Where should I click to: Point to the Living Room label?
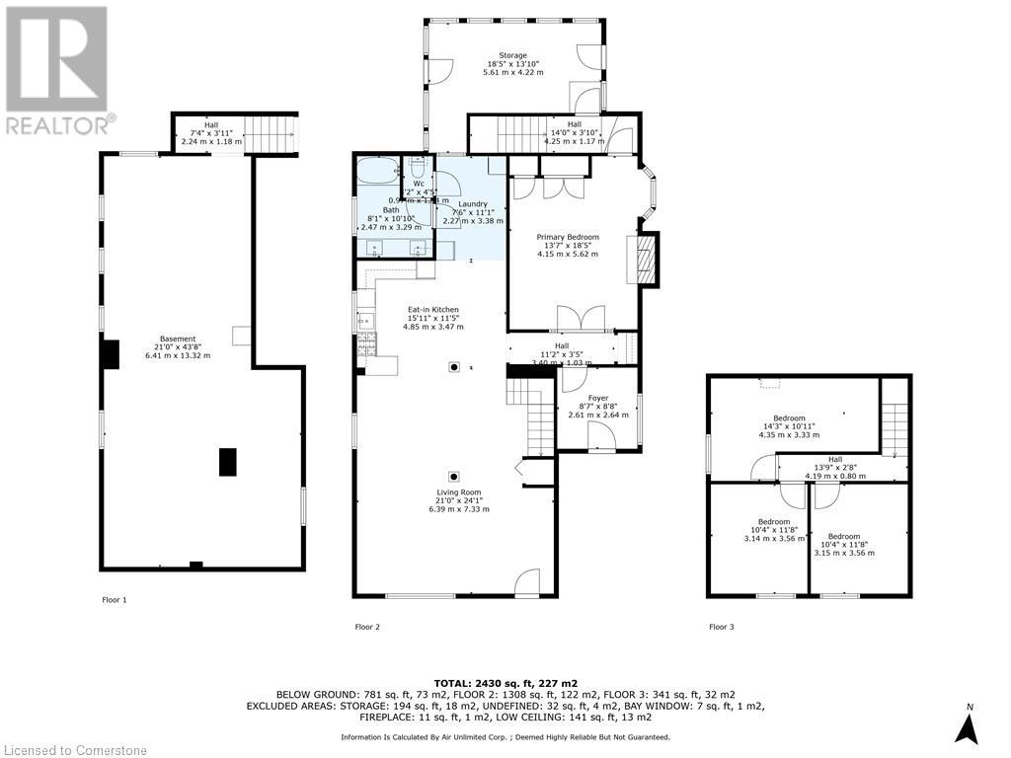coord(459,500)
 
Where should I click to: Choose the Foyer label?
coord(597,407)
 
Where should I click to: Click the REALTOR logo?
coord(59,69)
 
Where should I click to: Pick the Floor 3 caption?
coord(721,627)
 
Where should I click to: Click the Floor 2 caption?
coord(367,627)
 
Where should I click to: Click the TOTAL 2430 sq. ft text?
coord(505,681)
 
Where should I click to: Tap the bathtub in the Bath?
coord(377,171)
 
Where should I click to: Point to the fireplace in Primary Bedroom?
coord(647,260)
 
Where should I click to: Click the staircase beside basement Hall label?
coord(273,133)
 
